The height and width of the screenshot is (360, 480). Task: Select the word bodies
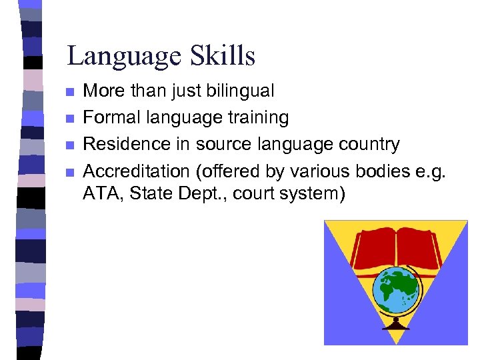(383, 171)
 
